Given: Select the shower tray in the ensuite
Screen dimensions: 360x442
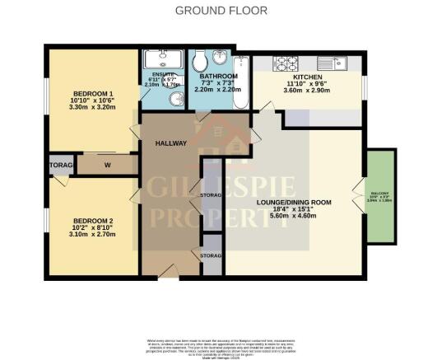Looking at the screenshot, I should (x=164, y=60).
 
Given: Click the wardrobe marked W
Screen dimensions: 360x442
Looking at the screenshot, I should (x=107, y=164).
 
